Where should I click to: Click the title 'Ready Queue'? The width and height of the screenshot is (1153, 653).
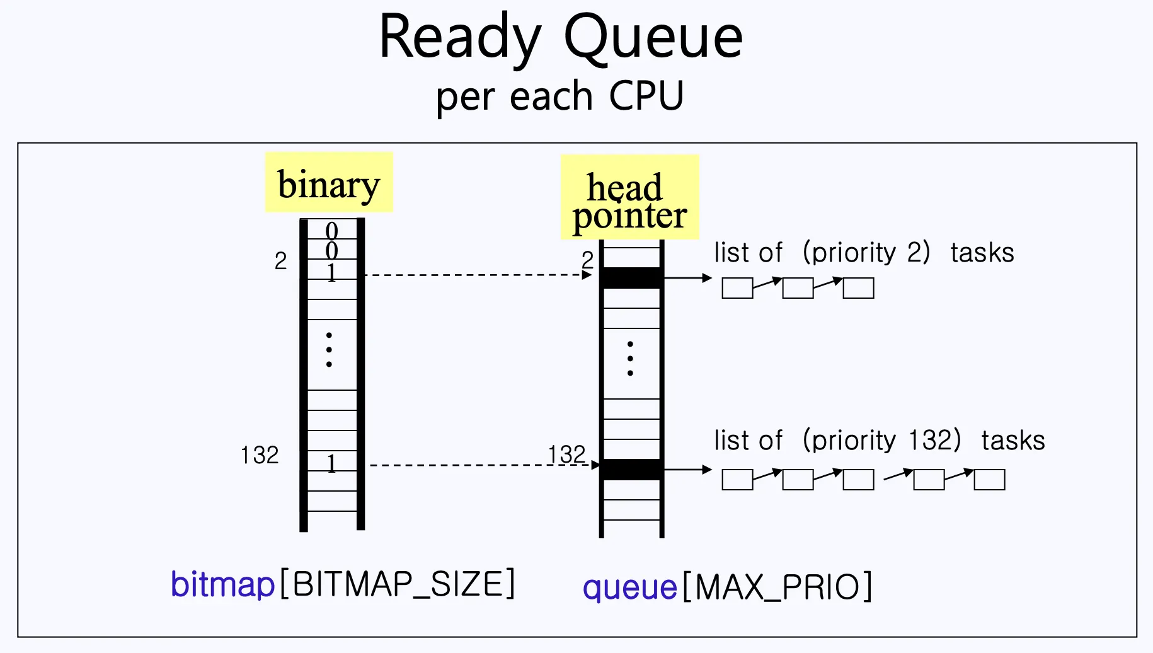coord(561,38)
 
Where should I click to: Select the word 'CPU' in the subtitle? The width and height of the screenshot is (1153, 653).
coord(646,96)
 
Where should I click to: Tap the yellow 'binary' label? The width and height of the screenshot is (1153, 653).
coord(329,183)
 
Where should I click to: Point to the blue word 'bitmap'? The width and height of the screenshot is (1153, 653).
coord(222,584)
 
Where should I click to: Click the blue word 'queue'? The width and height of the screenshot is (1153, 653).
coord(629,587)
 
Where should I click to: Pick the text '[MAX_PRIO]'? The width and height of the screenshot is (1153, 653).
coord(777,587)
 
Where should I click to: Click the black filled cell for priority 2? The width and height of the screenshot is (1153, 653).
coord(631,277)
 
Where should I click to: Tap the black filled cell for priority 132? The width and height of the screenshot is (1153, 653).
coord(631,470)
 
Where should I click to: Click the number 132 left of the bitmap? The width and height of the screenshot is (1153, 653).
coord(260,455)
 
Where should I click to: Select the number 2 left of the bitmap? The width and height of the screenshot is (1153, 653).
coord(280,261)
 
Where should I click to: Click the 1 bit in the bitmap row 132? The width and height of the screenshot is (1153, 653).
coord(331,464)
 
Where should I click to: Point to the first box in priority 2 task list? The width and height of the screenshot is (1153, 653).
coord(737,288)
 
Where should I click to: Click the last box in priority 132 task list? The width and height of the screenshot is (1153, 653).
coord(989,480)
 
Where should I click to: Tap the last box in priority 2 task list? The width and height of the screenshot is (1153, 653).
coord(858,288)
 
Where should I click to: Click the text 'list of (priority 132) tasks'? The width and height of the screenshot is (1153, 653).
coord(879,441)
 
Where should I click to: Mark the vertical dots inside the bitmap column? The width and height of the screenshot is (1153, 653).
coord(329,349)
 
